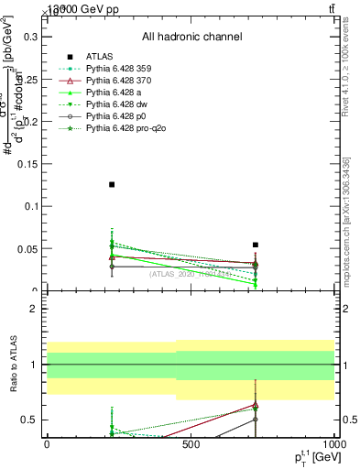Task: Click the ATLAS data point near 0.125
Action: point(112,185)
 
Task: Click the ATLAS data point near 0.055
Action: point(256,245)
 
